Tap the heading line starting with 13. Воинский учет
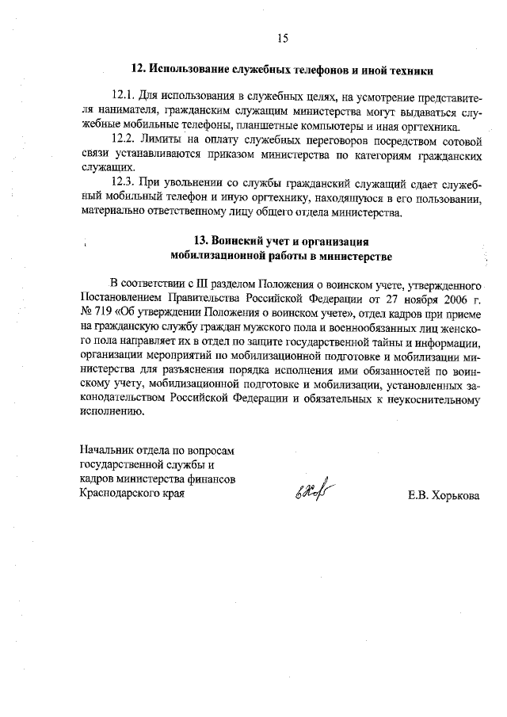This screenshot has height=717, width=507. click(281, 241)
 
